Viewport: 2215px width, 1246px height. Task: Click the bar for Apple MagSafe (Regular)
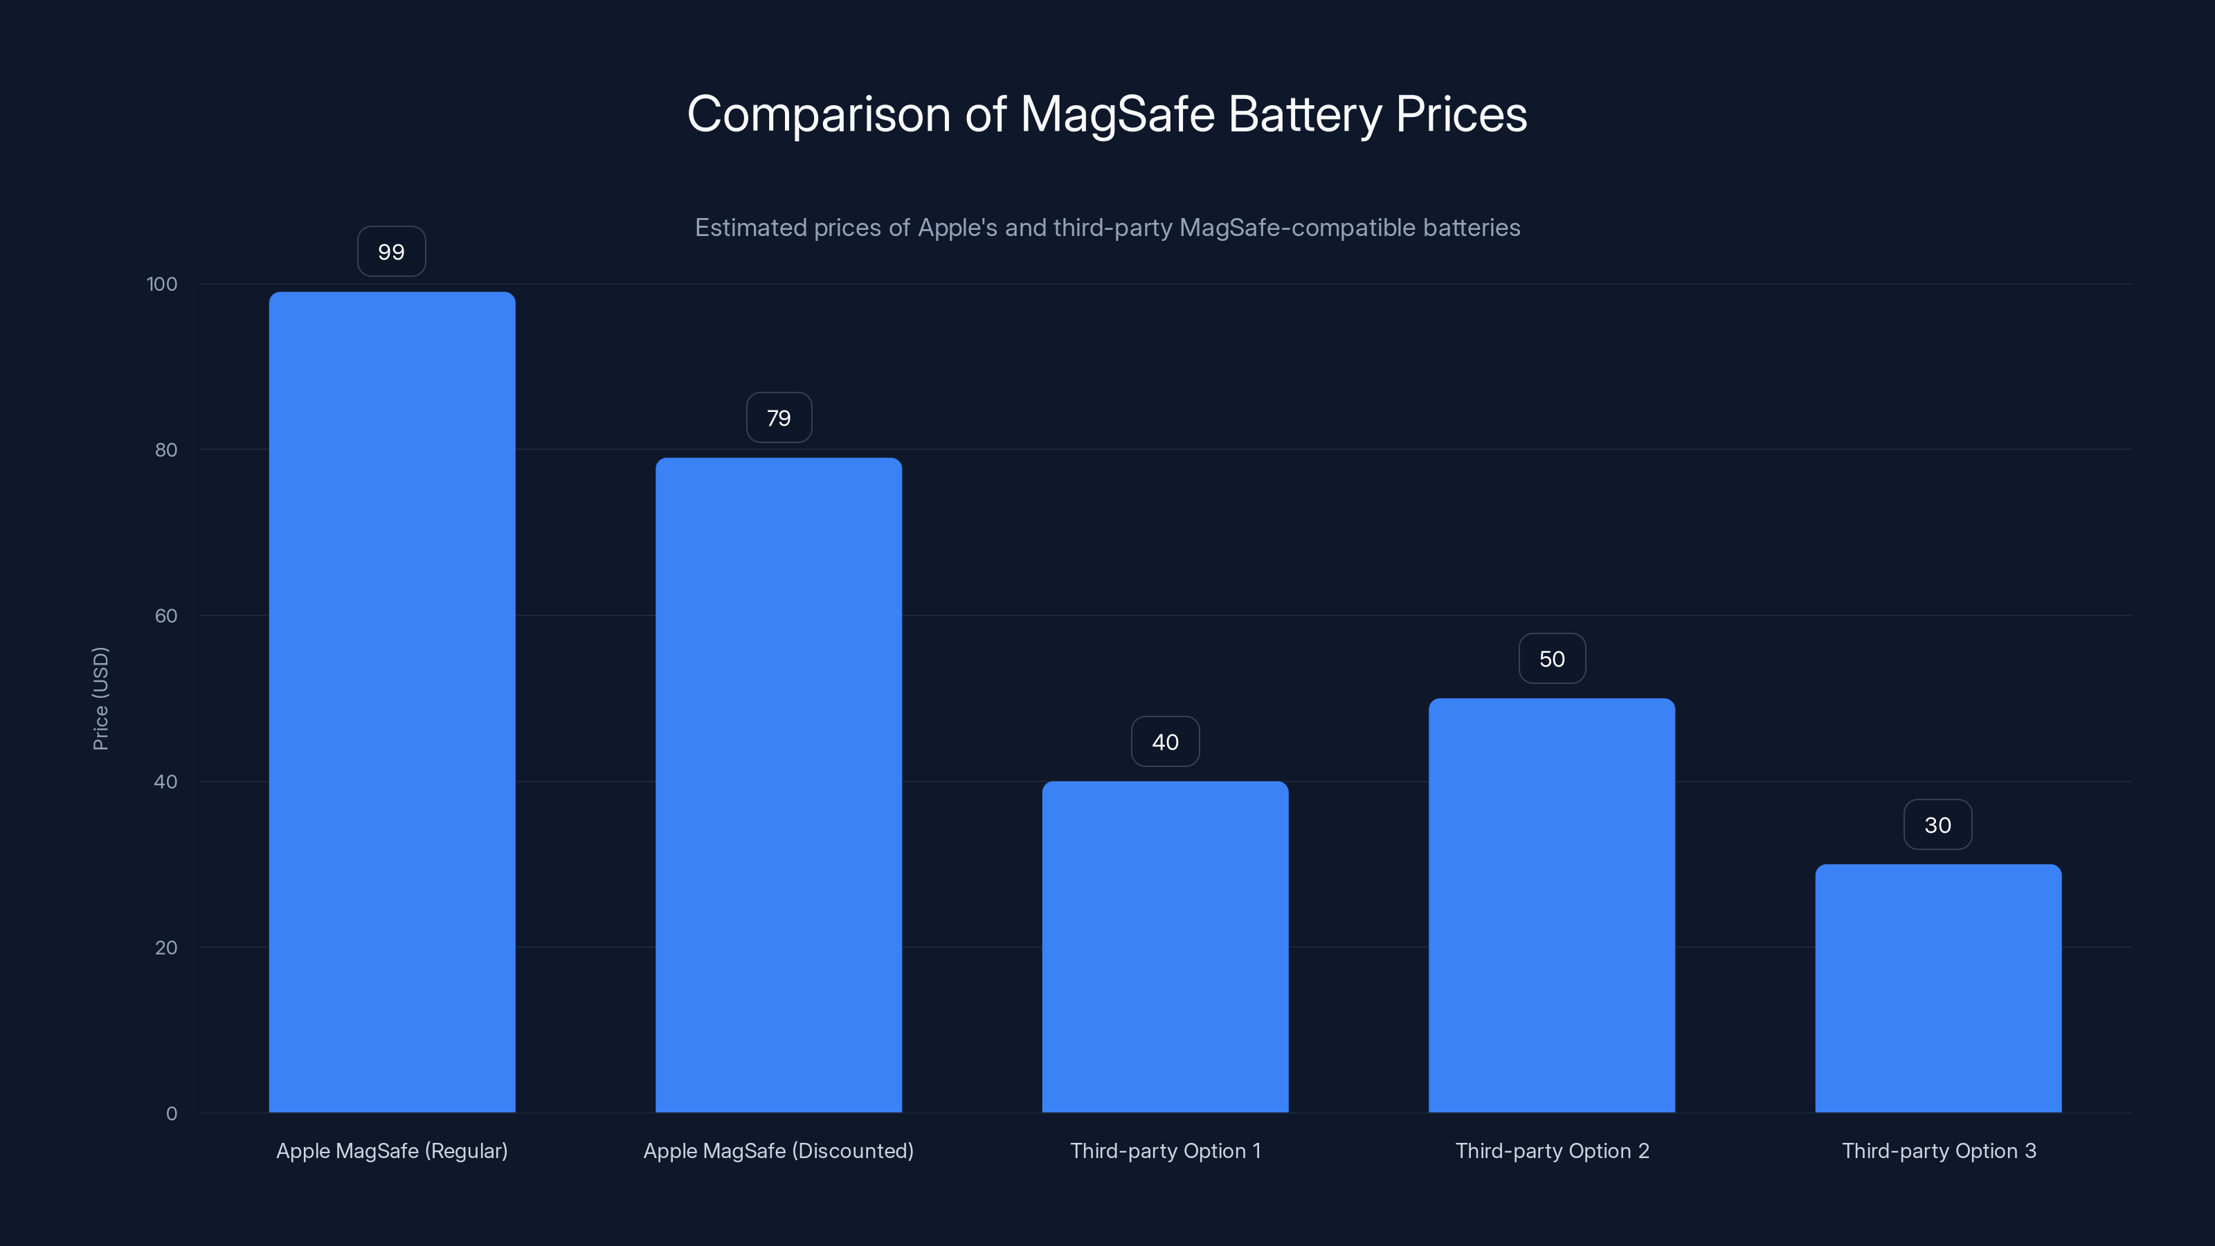(392, 702)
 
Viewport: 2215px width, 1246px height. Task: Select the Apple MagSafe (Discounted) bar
(778, 784)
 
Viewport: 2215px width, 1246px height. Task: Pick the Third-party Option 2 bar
(1551, 905)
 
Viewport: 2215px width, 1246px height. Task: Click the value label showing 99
(391, 252)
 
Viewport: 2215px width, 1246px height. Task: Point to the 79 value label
(778, 418)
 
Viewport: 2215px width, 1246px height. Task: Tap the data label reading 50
(1551, 659)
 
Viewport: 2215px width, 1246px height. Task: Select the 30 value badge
(1937, 824)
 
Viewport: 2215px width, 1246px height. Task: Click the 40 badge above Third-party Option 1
(1165, 742)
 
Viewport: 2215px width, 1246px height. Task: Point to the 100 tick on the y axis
(162, 284)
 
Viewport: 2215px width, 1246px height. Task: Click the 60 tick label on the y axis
(166, 615)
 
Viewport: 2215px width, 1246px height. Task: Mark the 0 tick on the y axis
(171, 1114)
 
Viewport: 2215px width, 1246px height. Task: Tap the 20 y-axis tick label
(166, 948)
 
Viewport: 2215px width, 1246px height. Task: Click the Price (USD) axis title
(100, 698)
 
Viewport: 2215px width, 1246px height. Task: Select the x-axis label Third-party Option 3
(1938, 1150)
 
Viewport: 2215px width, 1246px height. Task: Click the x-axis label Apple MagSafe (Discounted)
(778, 1150)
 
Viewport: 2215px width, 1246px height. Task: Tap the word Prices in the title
(1460, 114)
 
